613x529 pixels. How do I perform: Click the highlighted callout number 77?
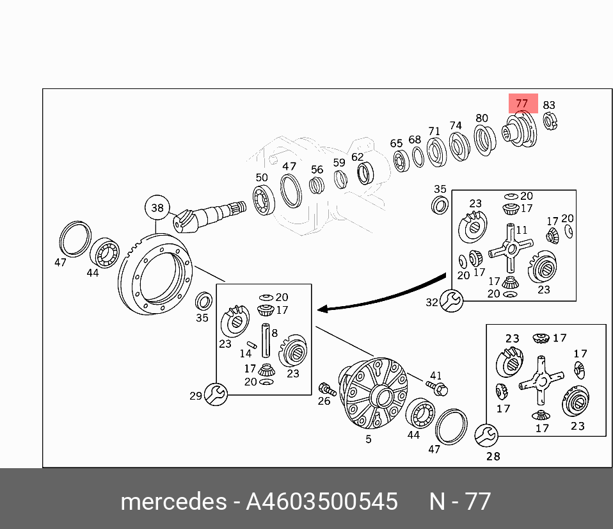pyautogui.click(x=522, y=103)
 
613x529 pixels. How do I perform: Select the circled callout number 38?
pyautogui.click(x=157, y=208)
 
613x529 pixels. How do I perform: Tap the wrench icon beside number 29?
pyautogui.click(x=215, y=394)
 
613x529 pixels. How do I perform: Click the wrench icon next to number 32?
pyautogui.click(x=451, y=300)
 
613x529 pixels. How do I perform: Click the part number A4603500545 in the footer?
pyautogui.click(x=322, y=501)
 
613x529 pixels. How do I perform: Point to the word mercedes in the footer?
pyautogui.click(x=172, y=501)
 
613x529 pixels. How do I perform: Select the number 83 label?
pyautogui.click(x=549, y=105)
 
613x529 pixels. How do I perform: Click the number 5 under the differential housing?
pyautogui.click(x=369, y=439)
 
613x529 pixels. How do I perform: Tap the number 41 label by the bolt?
pyautogui.click(x=436, y=375)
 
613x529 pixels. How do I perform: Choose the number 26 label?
pyautogui.click(x=324, y=402)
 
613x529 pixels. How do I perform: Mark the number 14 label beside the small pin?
pyautogui.click(x=246, y=354)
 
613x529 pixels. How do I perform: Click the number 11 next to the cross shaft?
pyautogui.click(x=521, y=230)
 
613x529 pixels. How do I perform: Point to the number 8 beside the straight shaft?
pyautogui.click(x=274, y=333)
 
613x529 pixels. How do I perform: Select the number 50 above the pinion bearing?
pyautogui.click(x=262, y=177)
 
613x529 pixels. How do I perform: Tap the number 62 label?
pyautogui.click(x=357, y=156)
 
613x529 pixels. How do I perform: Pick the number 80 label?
pyautogui.click(x=481, y=118)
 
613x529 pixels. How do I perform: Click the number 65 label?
pyautogui.click(x=397, y=143)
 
